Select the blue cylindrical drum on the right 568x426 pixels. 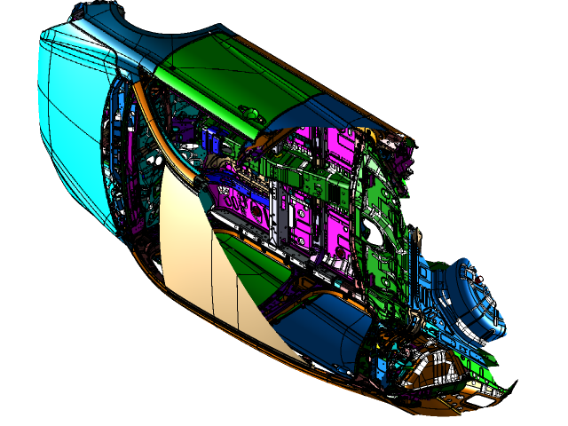point(470,302)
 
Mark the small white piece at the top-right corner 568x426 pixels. point(407,140)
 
